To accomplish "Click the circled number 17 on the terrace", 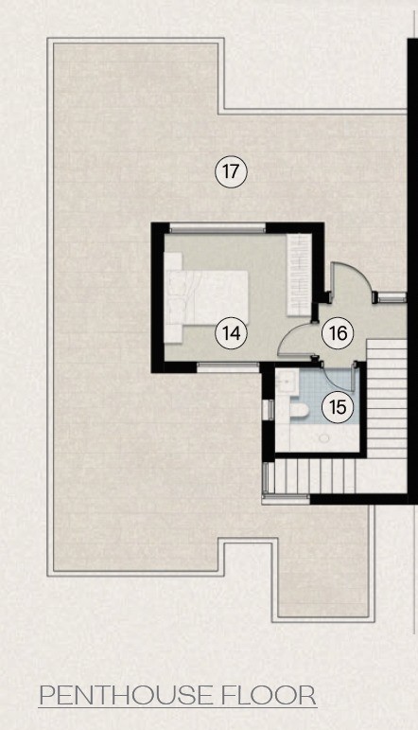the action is coord(231,171).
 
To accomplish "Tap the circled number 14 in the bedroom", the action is coord(231,333).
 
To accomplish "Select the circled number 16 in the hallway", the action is coord(338,333).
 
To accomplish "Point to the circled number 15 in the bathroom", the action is coord(338,407).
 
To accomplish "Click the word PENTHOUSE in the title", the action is coord(126,696).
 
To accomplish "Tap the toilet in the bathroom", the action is coord(299,410).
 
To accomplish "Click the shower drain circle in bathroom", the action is coord(324,438).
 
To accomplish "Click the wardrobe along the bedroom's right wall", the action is coord(299,275).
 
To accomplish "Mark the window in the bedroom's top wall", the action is coord(218,227).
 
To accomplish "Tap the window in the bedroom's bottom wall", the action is coord(228,367).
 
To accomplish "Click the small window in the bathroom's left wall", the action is coord(269,410).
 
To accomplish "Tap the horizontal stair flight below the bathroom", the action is coord(314,476).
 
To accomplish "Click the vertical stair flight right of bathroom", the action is coord(387,399).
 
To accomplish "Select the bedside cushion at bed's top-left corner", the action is coord(172,261).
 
